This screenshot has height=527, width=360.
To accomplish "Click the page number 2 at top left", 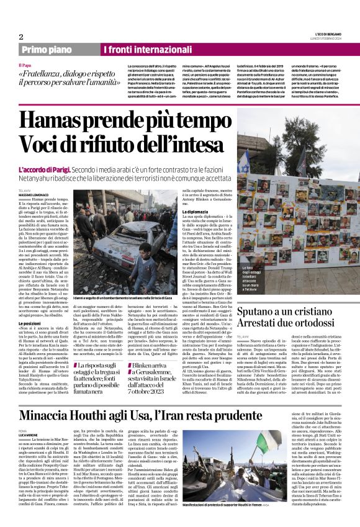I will pyautogui.click(x=20, y=37).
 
